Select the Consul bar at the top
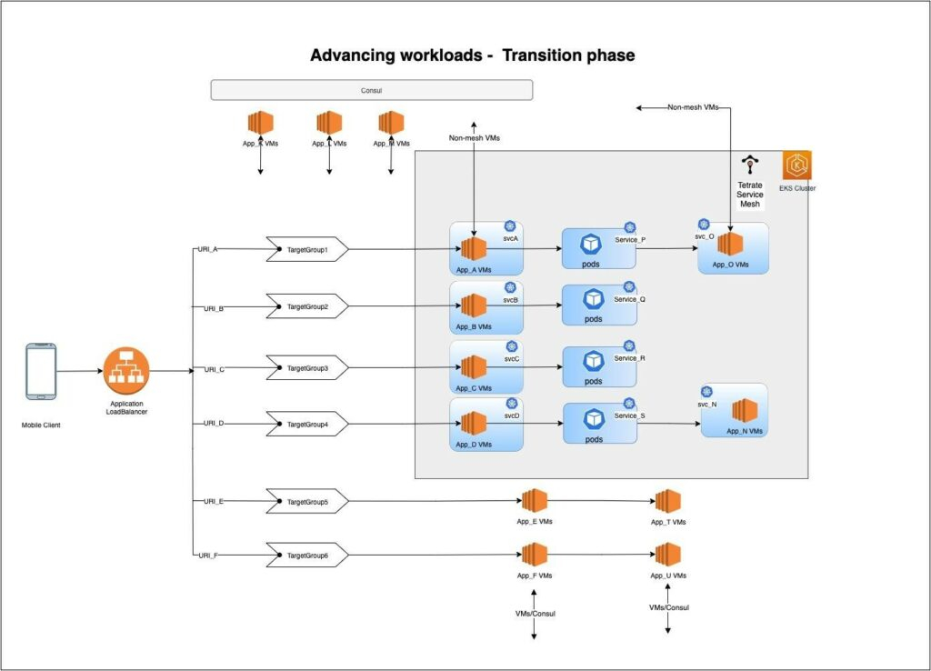[371, 90]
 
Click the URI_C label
[215, 369]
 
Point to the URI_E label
[215, 501]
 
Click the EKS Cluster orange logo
[797, 166]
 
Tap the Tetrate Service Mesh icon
[750, 165]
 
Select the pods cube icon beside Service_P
[594, 244]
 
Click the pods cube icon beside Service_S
[594, 418]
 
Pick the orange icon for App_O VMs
[730, 245]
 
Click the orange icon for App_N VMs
[745, 410]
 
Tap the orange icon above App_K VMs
[261, 123]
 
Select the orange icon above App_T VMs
[668, 501]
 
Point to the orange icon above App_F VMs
[534, 555]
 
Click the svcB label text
[511, 299]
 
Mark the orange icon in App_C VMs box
[473, 367]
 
